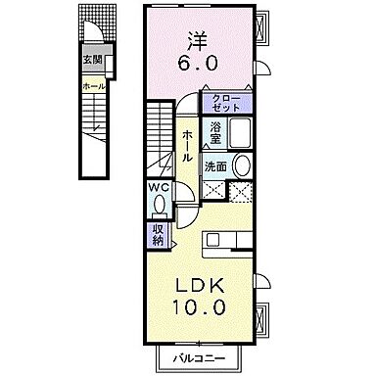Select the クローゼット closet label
pos(226,101)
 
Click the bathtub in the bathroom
pos(241,134)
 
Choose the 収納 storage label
pos(158,234)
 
